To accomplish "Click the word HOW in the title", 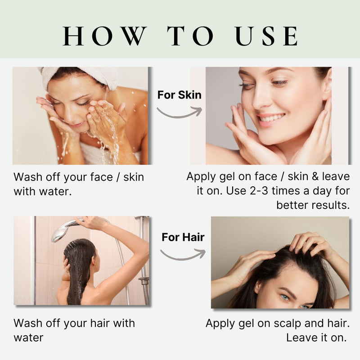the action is [x=104, y=36].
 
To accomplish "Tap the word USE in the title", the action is [x=266, y=36].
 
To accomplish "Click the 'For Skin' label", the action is [x=179, y=95].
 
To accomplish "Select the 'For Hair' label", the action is [x=183, y=237].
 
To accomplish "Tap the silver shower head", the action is [x=64, y=230].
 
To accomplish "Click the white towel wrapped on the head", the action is [x=78, y=76].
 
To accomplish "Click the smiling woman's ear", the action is [x=327, y=85].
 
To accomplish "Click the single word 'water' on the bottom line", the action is [x=28, y=338].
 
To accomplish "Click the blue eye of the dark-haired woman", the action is [x=285, y=298].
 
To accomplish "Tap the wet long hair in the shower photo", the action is [x=79, y=271].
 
